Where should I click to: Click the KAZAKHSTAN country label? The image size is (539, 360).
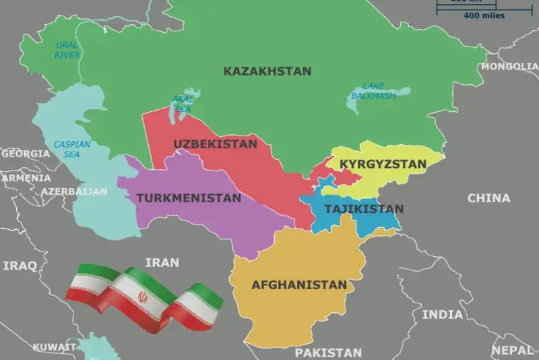[x=267, y=71]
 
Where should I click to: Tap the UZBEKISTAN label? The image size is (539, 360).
[x=215, y=144]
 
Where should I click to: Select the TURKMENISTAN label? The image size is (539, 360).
[x=189, y=198]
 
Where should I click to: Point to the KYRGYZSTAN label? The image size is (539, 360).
[x=383, y=164]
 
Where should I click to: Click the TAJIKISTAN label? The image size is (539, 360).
[x=364, y=209]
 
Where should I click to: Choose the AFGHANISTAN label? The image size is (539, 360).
[x=299, y=284]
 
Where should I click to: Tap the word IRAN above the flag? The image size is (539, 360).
[x=162, y=262]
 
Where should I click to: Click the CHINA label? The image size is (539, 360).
[x=489, y=198]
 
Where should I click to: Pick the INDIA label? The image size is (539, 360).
[x=443, y=314]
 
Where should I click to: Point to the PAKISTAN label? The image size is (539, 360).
[x=328, y=353]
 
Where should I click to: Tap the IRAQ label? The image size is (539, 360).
[x=20, y=266]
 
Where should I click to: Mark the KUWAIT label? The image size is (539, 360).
[x=54, y=347]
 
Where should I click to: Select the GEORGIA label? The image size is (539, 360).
[x=25, y=154]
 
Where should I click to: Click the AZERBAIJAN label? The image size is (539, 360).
[x=73, y=191]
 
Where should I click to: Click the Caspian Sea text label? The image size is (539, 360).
[x=71, y=149]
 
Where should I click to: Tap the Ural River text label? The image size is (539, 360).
[x=66, y=49]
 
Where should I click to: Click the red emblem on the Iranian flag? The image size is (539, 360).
[x=142, y=297]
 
